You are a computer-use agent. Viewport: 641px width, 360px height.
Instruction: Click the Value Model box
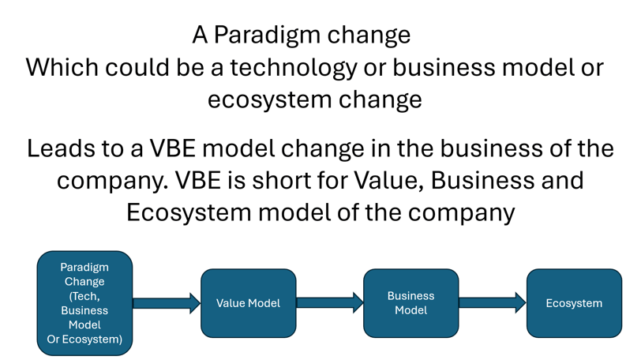(248, 303)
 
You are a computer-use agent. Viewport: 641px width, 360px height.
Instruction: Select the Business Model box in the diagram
(410, 303)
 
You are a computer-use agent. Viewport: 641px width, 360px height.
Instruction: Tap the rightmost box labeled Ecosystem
(574, 303)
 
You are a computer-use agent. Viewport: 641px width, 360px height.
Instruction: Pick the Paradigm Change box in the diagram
(84, 303)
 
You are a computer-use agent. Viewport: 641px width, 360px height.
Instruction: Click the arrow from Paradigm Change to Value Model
(167, 303)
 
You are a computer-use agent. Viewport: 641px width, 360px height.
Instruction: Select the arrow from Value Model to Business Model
(329, 303)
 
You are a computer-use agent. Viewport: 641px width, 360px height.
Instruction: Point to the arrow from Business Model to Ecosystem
(493, 303)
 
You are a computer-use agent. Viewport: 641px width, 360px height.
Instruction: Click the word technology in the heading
(294, 68)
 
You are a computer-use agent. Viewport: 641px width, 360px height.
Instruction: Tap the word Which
(62, 67)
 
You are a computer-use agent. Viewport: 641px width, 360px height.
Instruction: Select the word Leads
(62, 148)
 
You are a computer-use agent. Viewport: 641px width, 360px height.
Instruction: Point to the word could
(137, 67)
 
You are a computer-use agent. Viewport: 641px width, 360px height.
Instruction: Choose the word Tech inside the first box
(84, 296)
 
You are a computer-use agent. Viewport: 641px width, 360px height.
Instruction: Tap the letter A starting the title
(200, 35)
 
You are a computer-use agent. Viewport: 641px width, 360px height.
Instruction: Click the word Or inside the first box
(53, 339)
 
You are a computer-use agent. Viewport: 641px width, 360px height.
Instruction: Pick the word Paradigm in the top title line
(267, 36)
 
